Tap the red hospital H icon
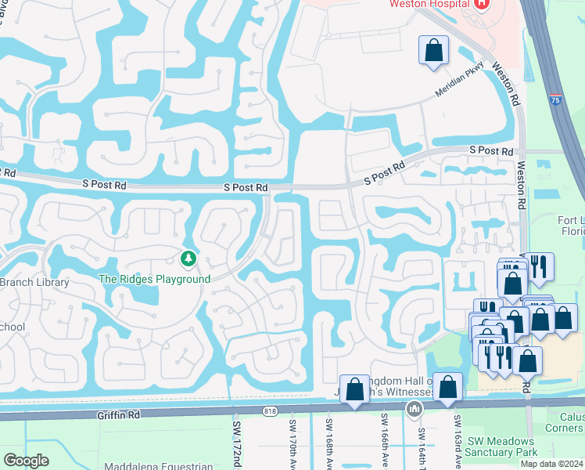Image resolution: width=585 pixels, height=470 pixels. (482, 4)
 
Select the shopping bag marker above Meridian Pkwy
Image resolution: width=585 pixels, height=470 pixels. (432, 52)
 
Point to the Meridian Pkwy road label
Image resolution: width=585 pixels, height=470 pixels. (462, 83)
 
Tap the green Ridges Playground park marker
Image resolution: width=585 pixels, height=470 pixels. (188, 258)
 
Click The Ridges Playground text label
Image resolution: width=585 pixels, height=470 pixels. (154, 280)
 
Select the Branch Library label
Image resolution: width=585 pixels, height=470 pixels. (34, 282)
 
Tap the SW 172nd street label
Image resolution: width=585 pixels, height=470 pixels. (237, 442)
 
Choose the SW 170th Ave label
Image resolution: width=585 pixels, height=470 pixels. (291, 442)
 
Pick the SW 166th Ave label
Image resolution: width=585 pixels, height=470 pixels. (385, 441)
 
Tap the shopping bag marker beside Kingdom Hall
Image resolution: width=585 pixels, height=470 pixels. (354, 389)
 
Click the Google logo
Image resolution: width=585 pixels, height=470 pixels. (26, 460)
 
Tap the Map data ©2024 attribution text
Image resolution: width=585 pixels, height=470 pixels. (551, 464)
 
